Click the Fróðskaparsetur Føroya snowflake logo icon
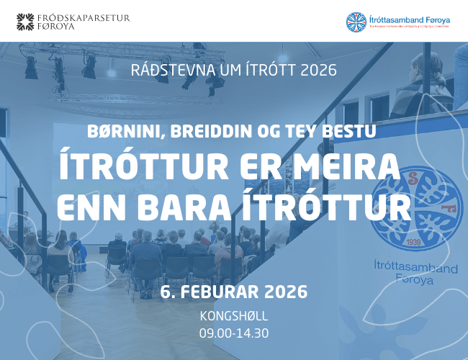coord(26,22)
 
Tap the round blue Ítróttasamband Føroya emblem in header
coord(356,22)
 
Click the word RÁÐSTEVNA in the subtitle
coord(168,72)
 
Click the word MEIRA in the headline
coord(348,167)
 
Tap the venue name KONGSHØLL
coord(233,317)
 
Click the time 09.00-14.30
coord(233,333)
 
